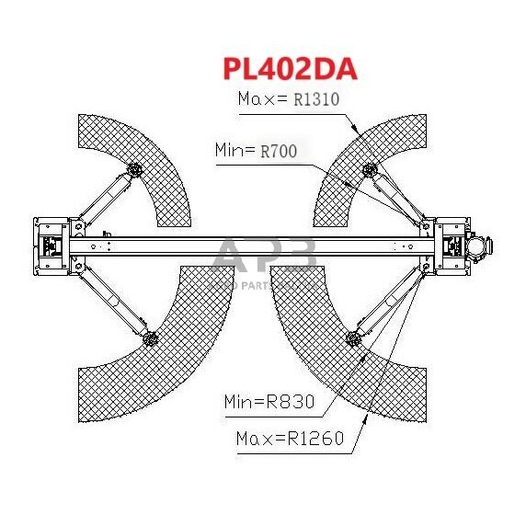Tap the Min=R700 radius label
(256, 149)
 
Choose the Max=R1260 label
(290, 439)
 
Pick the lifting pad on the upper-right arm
(371, 168)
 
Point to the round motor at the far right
(478, 242)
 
